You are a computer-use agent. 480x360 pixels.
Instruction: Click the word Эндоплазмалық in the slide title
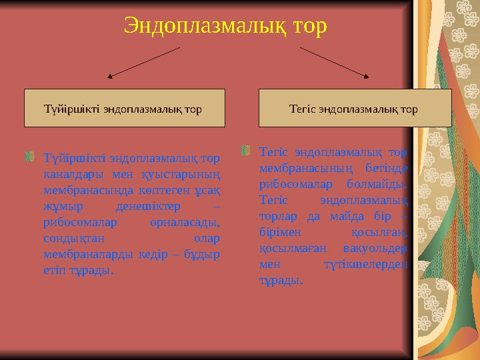pos(198,26)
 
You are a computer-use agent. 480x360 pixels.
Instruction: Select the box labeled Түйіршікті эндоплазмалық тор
pos(125,108)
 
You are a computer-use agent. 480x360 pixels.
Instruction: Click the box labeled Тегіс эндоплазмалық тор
pos(355,108)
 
